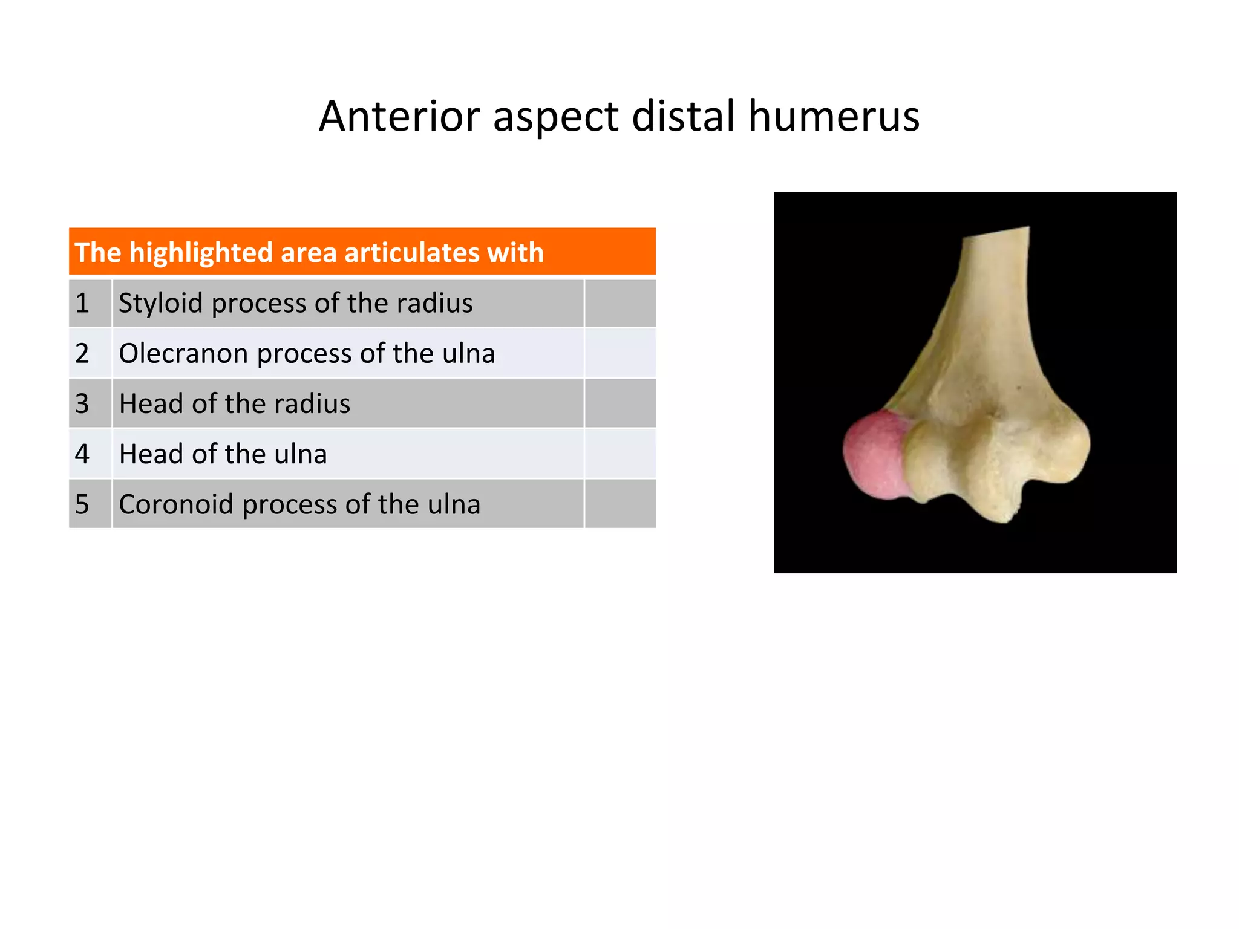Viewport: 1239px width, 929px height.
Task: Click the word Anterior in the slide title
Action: point(399,116)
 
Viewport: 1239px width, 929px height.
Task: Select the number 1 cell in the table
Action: point(90,303)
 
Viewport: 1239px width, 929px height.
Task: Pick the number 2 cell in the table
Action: point(90,353)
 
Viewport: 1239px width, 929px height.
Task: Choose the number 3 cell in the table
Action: point(90,403)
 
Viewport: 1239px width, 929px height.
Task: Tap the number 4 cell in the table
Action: point(90,454)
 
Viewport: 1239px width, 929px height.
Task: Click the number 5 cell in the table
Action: point(90,504)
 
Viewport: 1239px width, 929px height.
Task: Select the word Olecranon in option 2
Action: point(183,353)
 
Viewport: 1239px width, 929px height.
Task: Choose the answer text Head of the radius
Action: point(235,403)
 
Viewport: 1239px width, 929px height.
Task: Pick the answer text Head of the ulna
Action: point(223,454)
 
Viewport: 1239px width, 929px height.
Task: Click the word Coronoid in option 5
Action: point(176,504)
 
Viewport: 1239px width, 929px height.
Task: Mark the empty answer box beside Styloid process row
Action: point(619,303)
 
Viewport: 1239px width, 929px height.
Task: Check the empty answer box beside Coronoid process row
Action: point(619,504)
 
